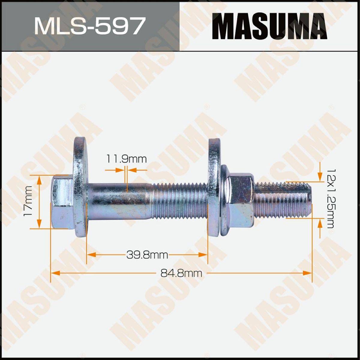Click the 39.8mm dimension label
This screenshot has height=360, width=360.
(147, 255)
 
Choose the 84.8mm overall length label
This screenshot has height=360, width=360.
(181, 274)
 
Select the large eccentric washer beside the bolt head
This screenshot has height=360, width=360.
(81, 187)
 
